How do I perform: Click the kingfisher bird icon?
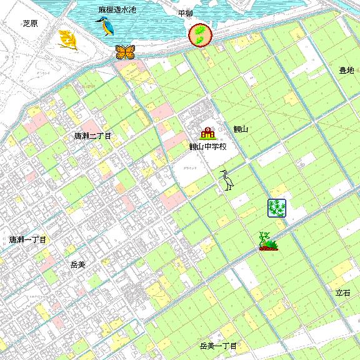(x=102, y=27)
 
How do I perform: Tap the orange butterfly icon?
(x=125, y=52)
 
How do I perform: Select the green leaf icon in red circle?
(x=201, y=35)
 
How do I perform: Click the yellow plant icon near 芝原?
(x=67, y=40)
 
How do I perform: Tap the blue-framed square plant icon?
(x=276, y=208)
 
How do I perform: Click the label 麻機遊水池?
(x=117, y=11)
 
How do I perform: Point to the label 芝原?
(x=30, y=23)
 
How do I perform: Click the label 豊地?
(x=346, y=71)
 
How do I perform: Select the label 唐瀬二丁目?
(x=92, y=136)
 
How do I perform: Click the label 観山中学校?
(x=207, y=147)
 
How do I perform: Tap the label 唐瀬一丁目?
(x=28, y=239)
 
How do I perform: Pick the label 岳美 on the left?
(x=77, y=265)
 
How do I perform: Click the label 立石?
(x=343, y=292)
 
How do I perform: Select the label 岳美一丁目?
(x=218, y=346)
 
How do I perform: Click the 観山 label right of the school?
(x=241, y=129)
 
